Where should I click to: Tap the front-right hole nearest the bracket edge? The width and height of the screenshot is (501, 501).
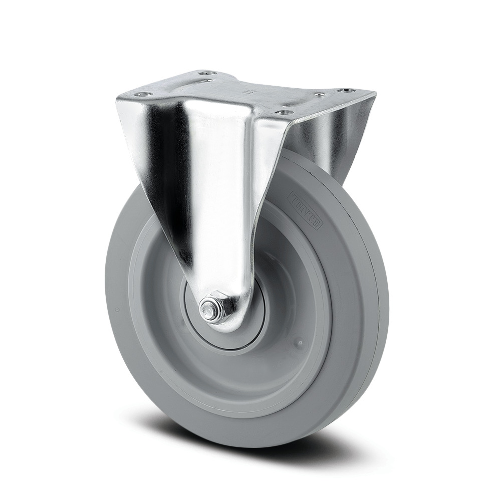(x=285, y=113)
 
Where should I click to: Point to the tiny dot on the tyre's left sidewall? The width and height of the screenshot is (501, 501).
(x=117, y=310)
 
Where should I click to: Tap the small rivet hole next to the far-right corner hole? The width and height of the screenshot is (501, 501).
(x=318, y=95)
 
